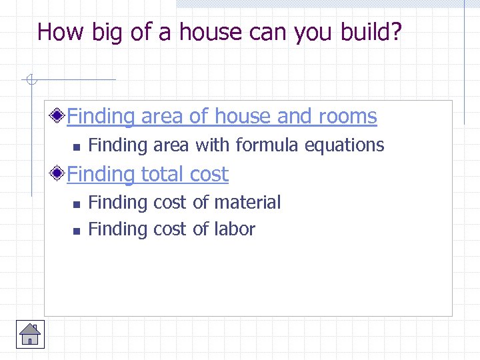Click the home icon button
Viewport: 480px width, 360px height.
(30, 334)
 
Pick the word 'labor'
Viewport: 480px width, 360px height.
(235, 229)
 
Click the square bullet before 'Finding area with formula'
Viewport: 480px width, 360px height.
(76, 146)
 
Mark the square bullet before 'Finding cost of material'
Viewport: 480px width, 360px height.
(76, 203)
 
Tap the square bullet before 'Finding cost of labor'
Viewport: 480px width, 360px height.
(76, 231)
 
